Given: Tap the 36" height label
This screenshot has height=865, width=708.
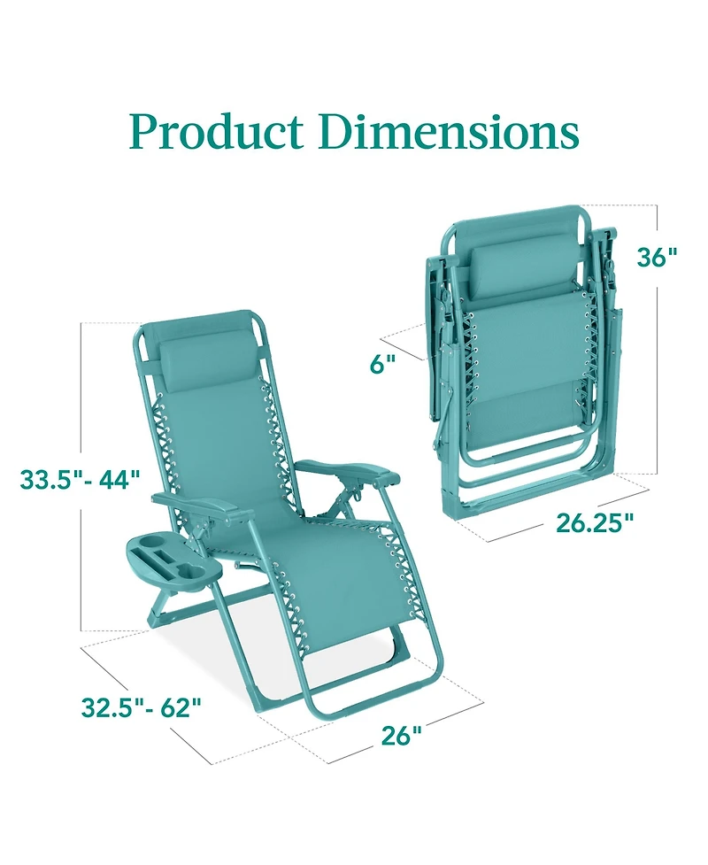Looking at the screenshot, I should point(657,257).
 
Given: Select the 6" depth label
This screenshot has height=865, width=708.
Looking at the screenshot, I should point(383,363).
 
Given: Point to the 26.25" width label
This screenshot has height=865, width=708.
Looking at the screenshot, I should point(596,522).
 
